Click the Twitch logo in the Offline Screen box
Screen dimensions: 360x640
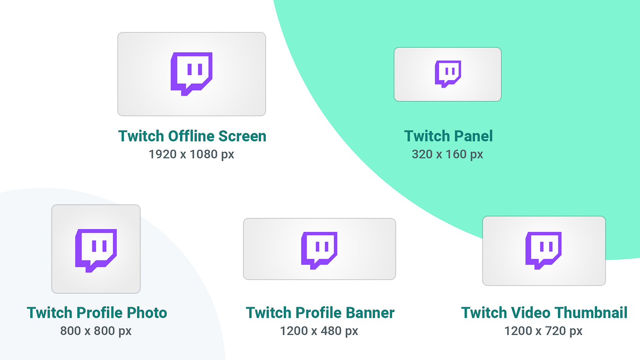(x=191, y=74)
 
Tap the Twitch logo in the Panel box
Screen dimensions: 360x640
(x=448, y=74)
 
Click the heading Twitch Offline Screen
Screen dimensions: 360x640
(x=192, y=136)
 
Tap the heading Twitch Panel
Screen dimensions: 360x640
(x=448, y=136)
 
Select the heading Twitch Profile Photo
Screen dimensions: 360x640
(x=97, y=312)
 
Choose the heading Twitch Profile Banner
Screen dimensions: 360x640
(x=320, y=312)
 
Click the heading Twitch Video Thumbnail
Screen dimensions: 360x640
(x=544, y=312)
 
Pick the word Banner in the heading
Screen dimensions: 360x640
(x=370, y=312)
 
